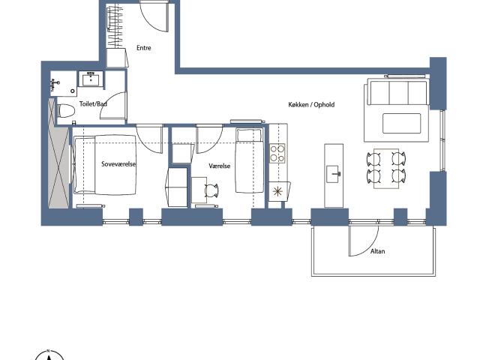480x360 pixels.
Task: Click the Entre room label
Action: coord(143,48)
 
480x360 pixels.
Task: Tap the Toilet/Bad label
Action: coord(93,103)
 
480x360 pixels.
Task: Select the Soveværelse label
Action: coord(118,164)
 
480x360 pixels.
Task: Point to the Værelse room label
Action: coord(220,166)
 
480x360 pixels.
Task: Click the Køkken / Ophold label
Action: coord(311,105)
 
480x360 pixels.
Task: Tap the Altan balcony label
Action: coord(377,251)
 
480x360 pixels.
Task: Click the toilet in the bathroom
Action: coord(66,111)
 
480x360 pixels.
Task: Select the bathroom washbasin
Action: coord(91,79)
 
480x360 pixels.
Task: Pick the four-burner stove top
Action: coord(277,153)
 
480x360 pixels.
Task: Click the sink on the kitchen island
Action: coord(333,174)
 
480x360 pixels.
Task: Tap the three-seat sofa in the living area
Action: coord(397,91)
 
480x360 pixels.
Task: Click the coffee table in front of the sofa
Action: coord(402,123)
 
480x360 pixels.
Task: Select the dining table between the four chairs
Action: coord(386,168)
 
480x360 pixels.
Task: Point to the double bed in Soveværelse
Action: coord(105,165)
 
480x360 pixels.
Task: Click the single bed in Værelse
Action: coord(250,160)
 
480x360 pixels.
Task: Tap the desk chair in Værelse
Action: coord(211,190)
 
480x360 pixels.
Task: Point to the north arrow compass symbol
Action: coord(49,355)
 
